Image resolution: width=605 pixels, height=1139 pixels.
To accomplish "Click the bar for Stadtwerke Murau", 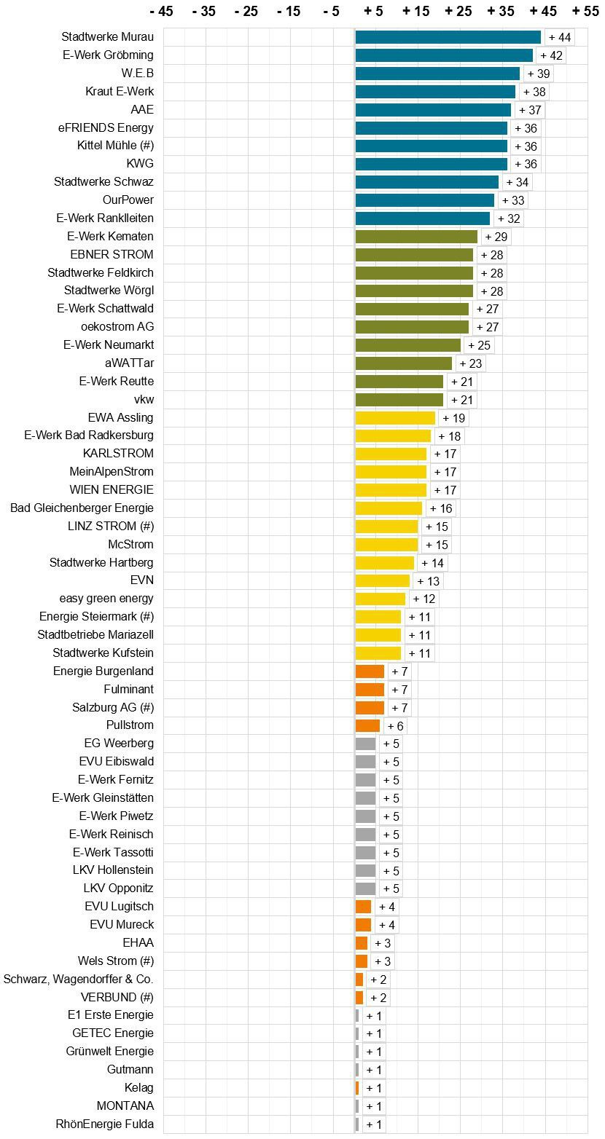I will click(x=448, y=37).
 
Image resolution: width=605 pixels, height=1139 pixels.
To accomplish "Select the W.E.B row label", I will click(x=138, y=73).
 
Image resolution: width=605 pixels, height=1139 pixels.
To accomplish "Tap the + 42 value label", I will click(x=551, y=55).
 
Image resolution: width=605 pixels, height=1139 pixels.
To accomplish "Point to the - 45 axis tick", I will click(x=160, y=11).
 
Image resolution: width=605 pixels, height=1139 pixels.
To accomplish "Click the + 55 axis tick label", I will click(x=585, y=11).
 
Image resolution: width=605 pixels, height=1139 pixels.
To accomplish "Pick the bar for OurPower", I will click(x=424, y=200).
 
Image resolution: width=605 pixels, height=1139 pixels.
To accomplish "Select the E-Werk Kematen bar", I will click(x=416, y=237).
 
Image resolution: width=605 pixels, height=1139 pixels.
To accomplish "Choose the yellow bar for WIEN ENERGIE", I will click(x=391, y=490).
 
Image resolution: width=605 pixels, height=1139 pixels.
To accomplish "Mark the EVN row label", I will click(x=142, y=580).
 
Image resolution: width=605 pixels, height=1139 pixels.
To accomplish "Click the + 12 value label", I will click(x=423, y=599).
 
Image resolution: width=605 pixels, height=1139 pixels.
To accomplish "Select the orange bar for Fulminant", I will click(x=370, y=690).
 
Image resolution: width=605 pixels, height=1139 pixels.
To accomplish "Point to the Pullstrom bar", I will click(x=367, y=725).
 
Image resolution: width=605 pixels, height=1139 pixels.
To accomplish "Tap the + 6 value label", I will click(x=395, y=726).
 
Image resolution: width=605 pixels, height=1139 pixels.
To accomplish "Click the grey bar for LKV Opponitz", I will click(x=365, y=888).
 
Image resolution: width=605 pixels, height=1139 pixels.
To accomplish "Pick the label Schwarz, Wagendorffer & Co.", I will click(x=79, y=979).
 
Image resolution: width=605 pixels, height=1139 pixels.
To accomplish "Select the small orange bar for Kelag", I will click(x=357, y=1087).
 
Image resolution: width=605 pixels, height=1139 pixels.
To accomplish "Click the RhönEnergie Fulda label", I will click(x=105, y=1124).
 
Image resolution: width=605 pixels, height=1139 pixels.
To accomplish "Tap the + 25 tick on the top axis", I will click(x=458, y=11).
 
